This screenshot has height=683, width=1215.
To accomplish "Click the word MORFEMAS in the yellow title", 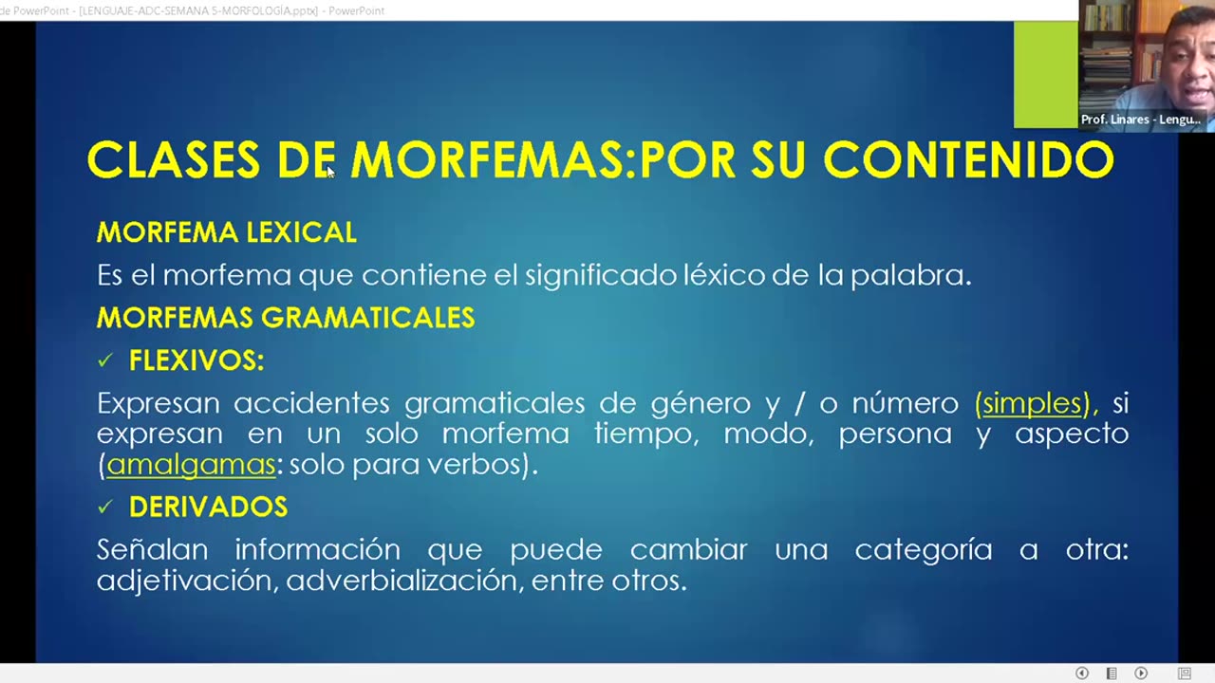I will coord(493,160).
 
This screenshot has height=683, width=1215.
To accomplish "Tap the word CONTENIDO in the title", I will coord(968,160).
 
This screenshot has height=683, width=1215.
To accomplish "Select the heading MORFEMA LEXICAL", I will coord(226,232).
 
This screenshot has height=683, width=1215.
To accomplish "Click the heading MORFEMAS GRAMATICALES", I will coord(285,318).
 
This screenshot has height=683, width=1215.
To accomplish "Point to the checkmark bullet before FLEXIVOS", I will coord(104,360).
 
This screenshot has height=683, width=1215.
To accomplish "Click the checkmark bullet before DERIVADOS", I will coord(104,508).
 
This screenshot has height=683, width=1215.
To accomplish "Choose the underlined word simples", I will coord(1033,403).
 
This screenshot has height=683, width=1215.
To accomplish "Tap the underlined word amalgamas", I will coord(191,465).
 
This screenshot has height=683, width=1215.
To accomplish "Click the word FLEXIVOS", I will coord(196,360).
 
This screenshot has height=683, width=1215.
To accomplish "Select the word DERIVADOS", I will coord(208,508).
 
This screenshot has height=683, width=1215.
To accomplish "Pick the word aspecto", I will coord(1071,434).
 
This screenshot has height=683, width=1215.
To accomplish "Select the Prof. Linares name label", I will coord(1140,120).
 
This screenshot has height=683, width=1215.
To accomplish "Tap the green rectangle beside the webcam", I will coord(1045,74).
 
